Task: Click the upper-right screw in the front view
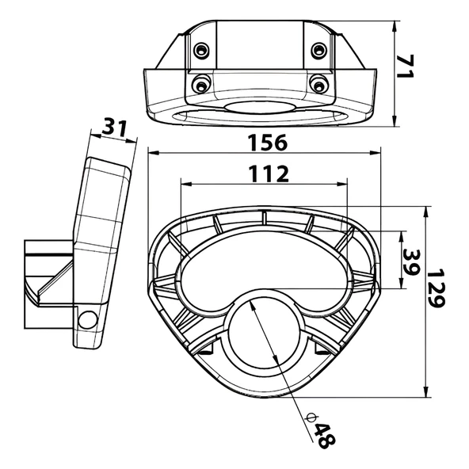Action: pyautogui.click(x=318, y=50)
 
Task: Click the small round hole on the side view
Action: pyautogui.click(x=87, y=319)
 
